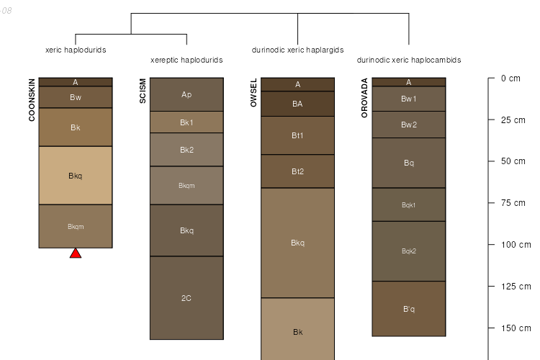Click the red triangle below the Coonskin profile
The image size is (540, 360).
click(76, 253)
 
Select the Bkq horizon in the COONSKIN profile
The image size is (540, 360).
click(76, 175)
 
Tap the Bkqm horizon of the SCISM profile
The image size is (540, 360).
click(186, 186)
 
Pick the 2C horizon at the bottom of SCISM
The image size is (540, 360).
click(186, 297)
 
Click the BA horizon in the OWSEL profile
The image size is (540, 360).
click(297, 104)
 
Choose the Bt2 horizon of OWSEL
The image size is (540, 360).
click(297, 171)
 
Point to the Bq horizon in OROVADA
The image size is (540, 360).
click(408, 163)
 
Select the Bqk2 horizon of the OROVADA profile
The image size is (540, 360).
click(408, 251)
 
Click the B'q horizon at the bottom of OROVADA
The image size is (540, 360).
click(408, 309)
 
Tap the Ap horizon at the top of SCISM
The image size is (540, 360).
click(186, 94)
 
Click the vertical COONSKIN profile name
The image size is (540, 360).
click(32, 99)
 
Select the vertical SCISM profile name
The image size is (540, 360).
click(143, 91)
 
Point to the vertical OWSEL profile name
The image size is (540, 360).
click(253, 93)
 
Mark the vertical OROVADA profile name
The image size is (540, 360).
click(364, 95)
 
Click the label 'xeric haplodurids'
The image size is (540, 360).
click(76, 50)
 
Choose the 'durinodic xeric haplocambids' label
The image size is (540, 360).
click(408, 60)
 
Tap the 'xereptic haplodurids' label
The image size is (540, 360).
click(186, 60)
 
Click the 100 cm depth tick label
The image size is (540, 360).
click(516, 245)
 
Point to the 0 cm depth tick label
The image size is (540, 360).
click(510, 78)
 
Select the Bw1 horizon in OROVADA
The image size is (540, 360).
click(408, 99)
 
